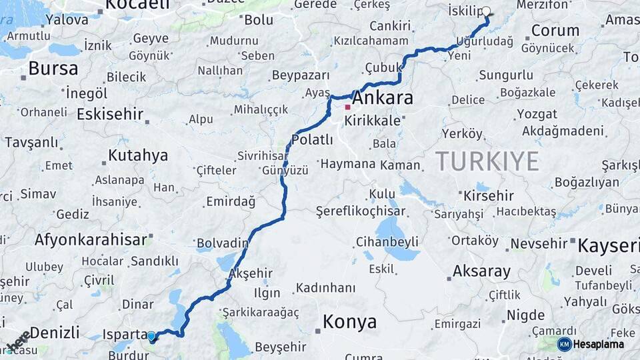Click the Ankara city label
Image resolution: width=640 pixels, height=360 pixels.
382,98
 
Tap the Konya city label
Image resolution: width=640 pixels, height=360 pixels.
349,322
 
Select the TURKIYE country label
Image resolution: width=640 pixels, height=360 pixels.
487,161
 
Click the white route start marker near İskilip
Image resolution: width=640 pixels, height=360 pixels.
486,11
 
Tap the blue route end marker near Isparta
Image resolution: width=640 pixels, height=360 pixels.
151,337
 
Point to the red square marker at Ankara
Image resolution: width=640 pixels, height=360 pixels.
347,107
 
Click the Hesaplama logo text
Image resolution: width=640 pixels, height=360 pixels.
599,344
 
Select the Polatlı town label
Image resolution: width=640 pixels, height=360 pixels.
312,140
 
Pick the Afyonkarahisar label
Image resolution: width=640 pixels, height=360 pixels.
91,240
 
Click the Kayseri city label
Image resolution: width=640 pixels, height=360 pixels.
608,245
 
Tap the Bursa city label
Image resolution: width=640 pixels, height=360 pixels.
53,68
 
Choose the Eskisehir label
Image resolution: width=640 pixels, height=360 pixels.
110,114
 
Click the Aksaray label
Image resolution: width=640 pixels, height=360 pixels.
481,271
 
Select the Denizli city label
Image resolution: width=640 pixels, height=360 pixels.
55,331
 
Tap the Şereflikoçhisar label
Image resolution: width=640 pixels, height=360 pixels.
369,211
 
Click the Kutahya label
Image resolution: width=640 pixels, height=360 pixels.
138,156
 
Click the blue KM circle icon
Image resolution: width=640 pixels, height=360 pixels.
564,344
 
